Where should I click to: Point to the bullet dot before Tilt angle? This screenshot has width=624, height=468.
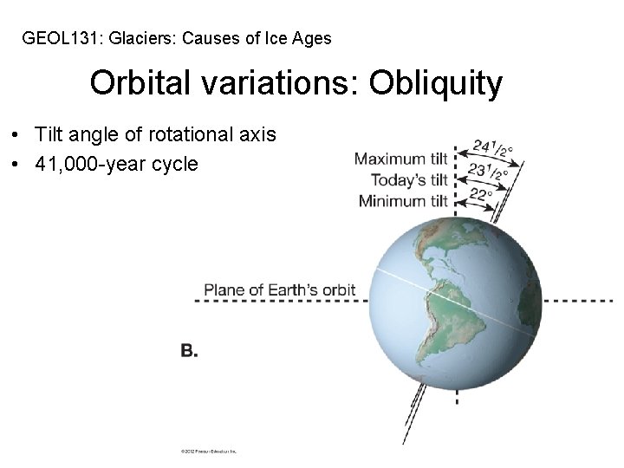[x=16, y=135]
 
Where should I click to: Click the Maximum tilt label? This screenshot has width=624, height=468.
[x=400, y=159]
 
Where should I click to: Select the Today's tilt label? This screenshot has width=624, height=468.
[x=409, y=180]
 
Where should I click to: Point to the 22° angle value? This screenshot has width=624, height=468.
[x=480, y=195]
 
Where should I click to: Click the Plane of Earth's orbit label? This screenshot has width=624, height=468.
[x=279, y=289]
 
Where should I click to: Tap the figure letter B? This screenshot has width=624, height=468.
[x=189, y=350]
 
